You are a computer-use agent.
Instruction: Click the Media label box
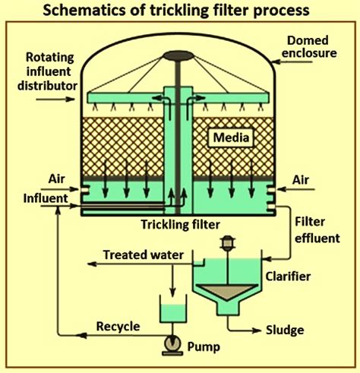(x=230, y=138)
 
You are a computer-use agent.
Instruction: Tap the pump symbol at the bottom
(x=173, y=345)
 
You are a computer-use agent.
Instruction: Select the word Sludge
(x=285, y=330)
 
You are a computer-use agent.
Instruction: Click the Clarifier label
(x=288, y=277)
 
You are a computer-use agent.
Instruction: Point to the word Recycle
(x=118, y=327)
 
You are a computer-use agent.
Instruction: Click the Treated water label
(x=144, y=254)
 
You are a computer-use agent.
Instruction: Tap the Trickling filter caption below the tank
(x=180, y=225)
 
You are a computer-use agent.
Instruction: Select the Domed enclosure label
(x=309, y=47)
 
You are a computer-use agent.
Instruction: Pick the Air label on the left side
(x=57, y=179)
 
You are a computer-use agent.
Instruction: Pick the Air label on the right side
(x=301, y=180)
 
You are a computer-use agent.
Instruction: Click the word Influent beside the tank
(x=46, y=198)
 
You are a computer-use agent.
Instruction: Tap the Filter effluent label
(x=317, y=230)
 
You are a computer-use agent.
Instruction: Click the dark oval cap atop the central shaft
(x=178, y=56)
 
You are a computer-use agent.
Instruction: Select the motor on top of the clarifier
(x=228, y=243)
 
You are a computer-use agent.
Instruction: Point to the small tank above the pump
(x=173, y=308)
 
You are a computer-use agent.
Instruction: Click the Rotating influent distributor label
(x=48, y=71)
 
